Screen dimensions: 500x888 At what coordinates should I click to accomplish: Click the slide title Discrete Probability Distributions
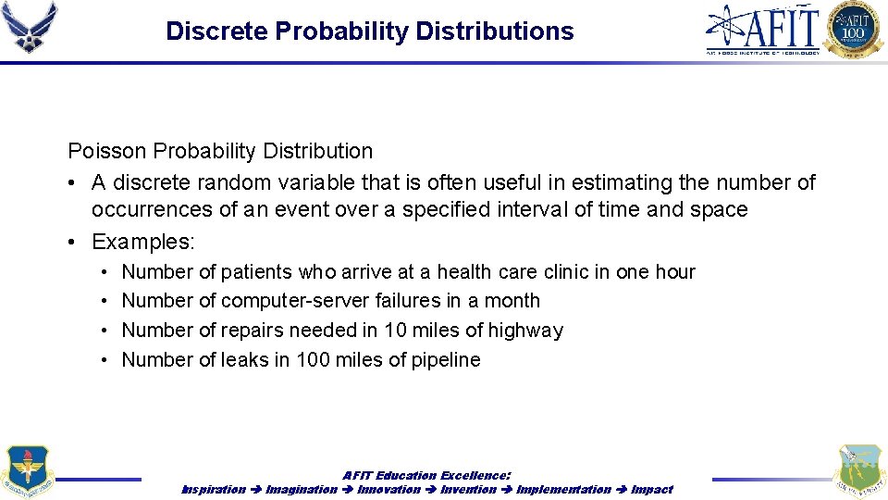[x=369, y=31]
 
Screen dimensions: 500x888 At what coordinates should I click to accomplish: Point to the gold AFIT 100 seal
[x=854, y=29]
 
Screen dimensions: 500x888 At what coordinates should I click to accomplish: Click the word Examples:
[x=143, y=242]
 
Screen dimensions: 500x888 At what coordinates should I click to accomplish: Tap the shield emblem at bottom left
[x=28, y=471]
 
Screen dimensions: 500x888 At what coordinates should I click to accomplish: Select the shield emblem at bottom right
[x=858, y=471]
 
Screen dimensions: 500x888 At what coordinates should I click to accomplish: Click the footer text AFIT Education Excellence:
[x=426, y=475]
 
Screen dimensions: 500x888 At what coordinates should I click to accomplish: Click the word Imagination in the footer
[x=301, y=489]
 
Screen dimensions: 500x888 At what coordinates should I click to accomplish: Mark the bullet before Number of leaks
[x=105, y=360]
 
